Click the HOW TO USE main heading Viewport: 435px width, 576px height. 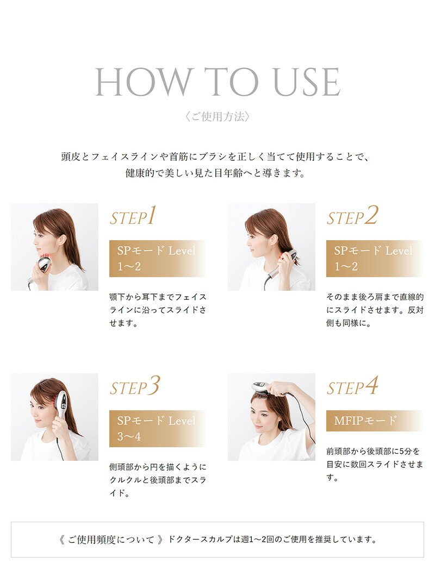(x=217, y=83)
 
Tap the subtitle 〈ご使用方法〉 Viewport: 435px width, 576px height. (x=217, y=117)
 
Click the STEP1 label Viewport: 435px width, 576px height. (x=133, y=217)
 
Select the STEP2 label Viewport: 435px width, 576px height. (x=352, y=217)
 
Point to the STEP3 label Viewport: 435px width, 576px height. (x=134, y=387)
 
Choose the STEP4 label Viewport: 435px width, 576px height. (x=352, y=387)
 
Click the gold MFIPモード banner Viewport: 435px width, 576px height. (x=374, y=421)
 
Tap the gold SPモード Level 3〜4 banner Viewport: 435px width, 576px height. (x=157, y=428)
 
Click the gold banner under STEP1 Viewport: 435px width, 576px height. (x=157, y=259)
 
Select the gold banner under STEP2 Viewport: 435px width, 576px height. (x=374, y=259)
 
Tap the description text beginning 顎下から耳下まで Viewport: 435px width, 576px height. (x=158, y=310)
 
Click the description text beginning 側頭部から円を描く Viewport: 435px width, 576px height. (x=158, y=480)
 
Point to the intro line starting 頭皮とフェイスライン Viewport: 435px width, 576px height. (x=216, y=157)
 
